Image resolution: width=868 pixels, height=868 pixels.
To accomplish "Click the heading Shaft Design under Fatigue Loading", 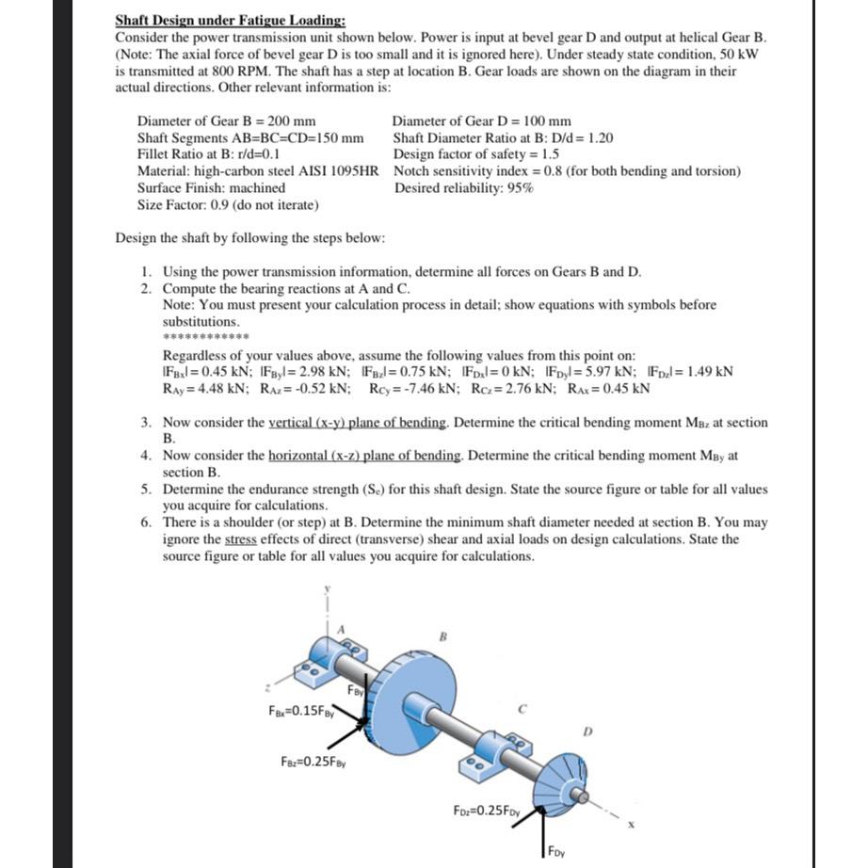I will point(230,20).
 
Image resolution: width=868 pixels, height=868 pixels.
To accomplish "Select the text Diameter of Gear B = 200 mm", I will point(226,121).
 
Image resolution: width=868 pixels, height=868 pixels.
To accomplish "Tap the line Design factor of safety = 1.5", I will point(476,154).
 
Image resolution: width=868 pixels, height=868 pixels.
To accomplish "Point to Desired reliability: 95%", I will point(464,187).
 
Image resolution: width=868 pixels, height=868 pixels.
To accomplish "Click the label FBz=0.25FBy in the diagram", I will point(314,760).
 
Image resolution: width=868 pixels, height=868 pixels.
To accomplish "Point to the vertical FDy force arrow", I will point(543,833).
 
